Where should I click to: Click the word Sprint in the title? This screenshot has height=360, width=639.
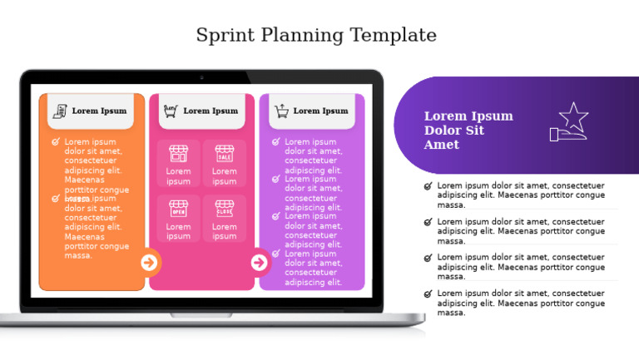(225, 36)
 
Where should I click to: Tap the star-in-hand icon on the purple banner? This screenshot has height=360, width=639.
(569, 122)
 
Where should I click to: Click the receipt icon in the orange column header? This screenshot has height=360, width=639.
(60, 111)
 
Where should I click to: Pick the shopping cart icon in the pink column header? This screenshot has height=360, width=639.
(171, 111)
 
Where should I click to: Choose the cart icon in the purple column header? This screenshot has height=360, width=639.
(281, 111)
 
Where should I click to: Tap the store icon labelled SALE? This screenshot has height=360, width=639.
(225, 154)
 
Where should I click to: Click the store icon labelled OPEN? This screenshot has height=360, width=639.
(178, 208)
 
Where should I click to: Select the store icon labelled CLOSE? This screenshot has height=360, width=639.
(225, 208)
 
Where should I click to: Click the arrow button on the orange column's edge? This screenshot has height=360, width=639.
(149, 263)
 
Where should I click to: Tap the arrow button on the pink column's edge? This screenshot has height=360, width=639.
(260, 263)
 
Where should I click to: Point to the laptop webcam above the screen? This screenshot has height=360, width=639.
(201, 77)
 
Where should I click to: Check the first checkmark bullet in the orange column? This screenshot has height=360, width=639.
(56, 142)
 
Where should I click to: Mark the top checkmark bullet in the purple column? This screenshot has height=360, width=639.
(275, 142)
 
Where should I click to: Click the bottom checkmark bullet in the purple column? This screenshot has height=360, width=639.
(275, 254)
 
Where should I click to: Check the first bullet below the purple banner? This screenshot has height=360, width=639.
(428, 186)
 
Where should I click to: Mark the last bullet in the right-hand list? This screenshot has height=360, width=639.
(428, 294)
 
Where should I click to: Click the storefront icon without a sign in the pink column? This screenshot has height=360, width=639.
(178, 154)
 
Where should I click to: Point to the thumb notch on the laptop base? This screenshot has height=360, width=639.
(201, 315)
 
